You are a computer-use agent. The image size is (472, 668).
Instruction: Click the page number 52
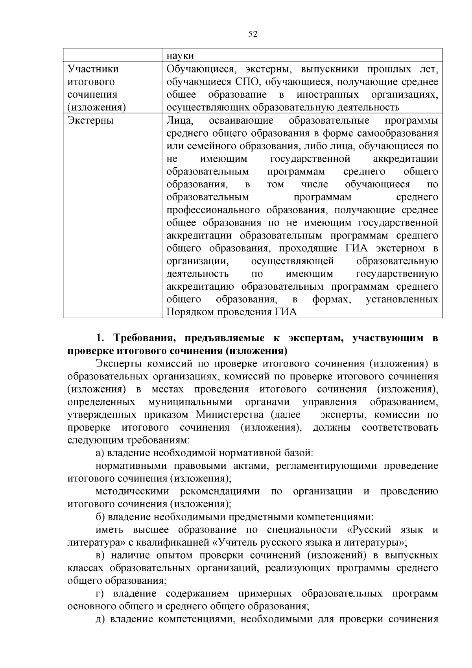(253, 35)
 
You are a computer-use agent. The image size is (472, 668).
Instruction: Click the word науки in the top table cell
(180, 56)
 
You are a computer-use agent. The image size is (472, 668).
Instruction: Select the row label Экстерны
(90, 120)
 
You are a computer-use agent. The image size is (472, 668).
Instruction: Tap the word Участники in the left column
(93, 69)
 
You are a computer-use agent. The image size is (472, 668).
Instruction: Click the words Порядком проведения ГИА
(232, 312)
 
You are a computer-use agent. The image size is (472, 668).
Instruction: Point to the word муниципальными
(190, 402)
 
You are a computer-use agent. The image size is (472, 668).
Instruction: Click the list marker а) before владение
(100, 453)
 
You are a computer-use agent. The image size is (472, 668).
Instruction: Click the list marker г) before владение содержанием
(100, 594)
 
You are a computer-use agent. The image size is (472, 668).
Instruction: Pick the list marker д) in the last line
(100, 619)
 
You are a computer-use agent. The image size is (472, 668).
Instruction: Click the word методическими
(132, 491)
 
